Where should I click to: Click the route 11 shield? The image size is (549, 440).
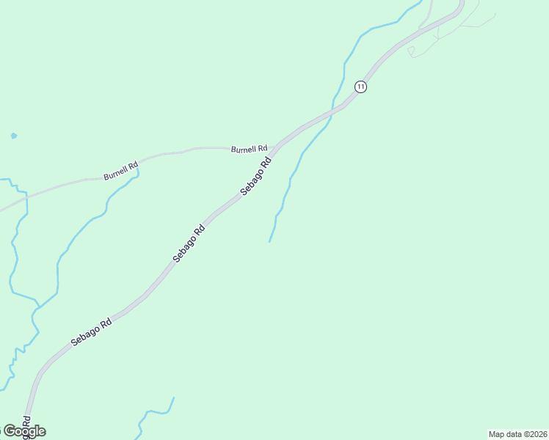click(x=360, y=86)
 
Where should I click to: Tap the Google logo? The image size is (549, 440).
click(x=24, y=431)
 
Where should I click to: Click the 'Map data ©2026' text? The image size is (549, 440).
click(x=517, y=434)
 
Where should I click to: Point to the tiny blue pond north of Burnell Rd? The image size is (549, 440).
click(x=13, y=136)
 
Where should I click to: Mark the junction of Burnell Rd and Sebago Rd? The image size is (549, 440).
click(x=276, y=147)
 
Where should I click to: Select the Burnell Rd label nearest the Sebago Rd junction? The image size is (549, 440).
click(x=249, y=149)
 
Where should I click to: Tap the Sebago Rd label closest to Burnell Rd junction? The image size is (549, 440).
click(x=256, y=176)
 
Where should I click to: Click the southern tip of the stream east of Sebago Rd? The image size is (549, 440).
click(x=270, y=241)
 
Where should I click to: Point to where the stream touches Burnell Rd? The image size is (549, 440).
click(x=137, y=169)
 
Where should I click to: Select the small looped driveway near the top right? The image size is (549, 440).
click(x=411, y=51)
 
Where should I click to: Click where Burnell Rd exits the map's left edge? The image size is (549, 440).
click(x=1, y=210)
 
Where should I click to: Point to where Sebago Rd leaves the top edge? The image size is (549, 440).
click(x=462, y=2)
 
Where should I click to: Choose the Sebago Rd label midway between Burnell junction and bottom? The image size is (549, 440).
click(x=189, y=243)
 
